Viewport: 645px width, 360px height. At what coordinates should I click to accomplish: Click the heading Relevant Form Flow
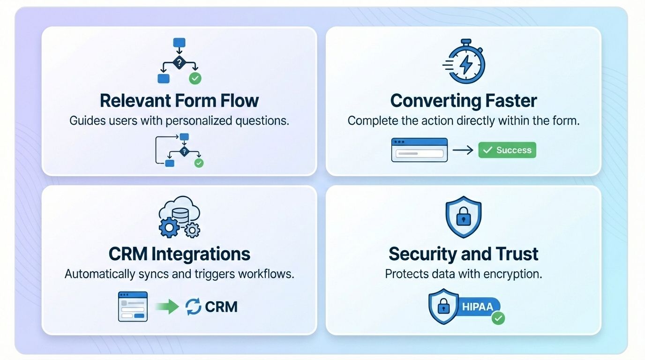[179, 100]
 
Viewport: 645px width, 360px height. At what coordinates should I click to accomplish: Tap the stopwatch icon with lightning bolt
[464, 61]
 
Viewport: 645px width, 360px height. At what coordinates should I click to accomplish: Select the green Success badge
[507, 150]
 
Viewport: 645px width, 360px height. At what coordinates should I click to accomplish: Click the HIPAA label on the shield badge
[477, 307]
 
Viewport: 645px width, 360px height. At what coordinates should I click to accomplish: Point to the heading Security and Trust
[463, 254]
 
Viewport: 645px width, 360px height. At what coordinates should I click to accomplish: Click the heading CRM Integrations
[179, 254]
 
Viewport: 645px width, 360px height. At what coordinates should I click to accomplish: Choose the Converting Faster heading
[463, 100]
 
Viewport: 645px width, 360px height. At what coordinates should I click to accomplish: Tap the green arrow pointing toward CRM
[167, 306]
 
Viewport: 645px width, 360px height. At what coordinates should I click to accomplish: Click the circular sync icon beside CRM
[193, 307]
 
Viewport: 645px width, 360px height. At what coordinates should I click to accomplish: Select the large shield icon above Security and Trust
[463, 217]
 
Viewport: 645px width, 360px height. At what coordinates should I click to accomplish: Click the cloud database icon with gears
[179, 217]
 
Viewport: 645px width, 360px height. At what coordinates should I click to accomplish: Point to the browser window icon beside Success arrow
[419, 150]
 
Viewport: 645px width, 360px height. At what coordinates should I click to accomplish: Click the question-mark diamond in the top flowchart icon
[179, 62]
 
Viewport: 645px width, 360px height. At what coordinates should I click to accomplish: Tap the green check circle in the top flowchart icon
[195, 78]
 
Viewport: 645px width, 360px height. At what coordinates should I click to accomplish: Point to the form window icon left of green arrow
[133, 307]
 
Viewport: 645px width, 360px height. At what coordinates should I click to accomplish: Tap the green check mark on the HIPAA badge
[498, 318]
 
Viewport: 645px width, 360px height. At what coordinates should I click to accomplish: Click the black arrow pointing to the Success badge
[463, 150]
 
